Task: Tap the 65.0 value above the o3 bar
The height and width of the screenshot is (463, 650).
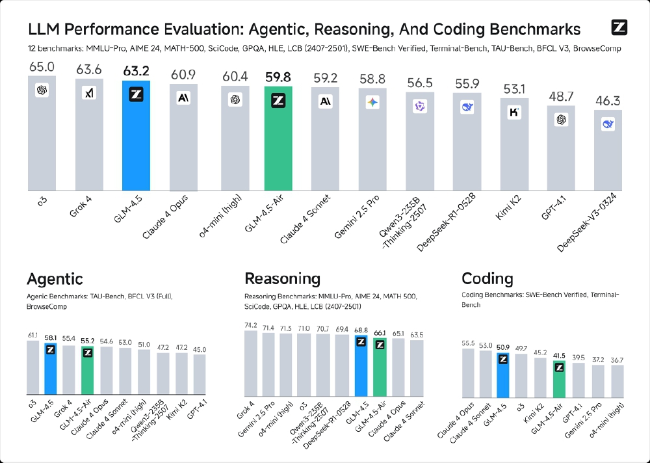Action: coord(42,66)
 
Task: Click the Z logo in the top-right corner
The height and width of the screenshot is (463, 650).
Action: coord(619,27)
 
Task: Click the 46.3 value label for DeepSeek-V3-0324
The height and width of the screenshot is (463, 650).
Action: coord(608,101)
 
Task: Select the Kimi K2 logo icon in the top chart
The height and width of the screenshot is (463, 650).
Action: coord(513,112)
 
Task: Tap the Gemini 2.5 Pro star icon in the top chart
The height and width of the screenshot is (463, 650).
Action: coord(372,102)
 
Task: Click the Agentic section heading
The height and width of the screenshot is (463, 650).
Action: coord(55,279)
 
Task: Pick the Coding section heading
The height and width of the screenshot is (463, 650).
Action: coord(487,279)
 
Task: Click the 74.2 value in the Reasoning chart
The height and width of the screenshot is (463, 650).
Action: coord(251,324)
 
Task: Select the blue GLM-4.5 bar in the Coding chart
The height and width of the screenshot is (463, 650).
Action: coord(502,377)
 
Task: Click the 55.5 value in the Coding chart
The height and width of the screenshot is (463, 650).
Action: coord(467,343)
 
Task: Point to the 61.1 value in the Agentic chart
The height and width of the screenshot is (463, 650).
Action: coord(32,334)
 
